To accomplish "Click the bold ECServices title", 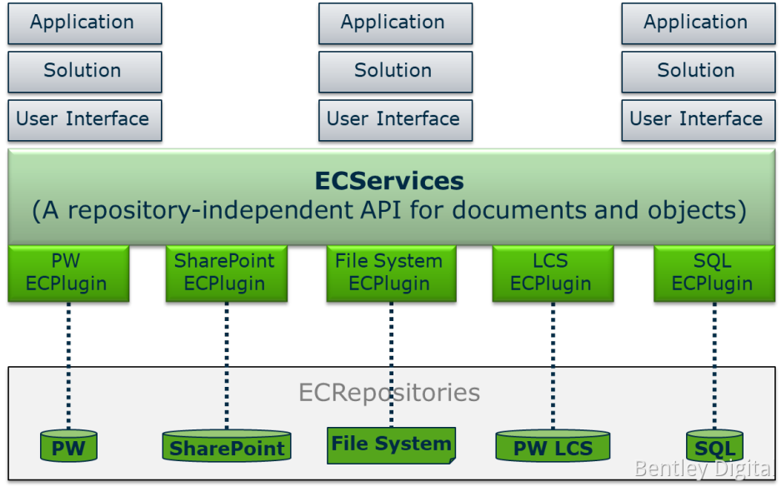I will tap(389, 181).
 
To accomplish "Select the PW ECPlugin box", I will tap(68, 274).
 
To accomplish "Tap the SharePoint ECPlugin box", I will tap(226, 274).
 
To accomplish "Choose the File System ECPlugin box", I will tap(390, 274).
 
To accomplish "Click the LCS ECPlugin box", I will tap(552, 274).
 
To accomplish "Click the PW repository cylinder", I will tap(68, 446).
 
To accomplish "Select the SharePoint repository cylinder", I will tap(227, 446).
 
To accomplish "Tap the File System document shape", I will tap(391, 444).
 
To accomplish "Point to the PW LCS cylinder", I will tap(553, 446).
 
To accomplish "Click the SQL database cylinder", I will tap(714, 446).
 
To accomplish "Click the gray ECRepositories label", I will tap(389, 393).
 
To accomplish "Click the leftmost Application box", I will tap(84, 23).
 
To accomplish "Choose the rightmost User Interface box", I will tap(696, 119).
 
